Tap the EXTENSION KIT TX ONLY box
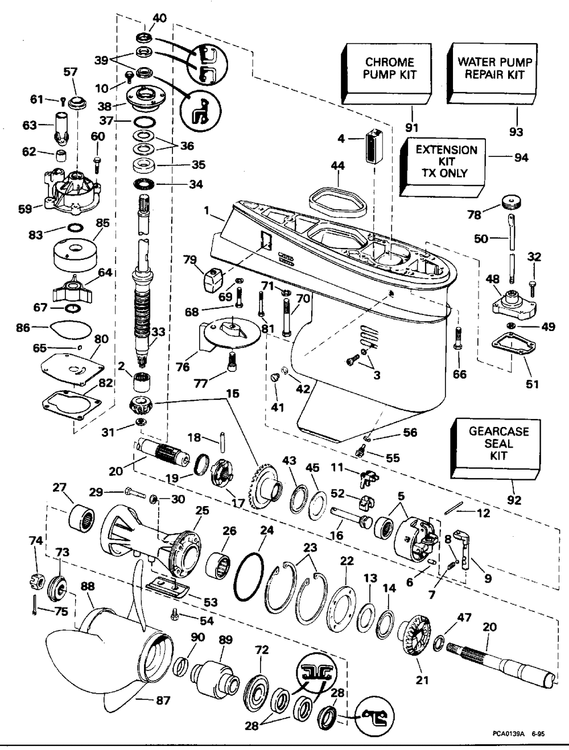tap(444, 164)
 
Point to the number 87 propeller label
tap(163, 701)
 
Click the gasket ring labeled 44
tap(336, 198)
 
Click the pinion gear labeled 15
tap(140, 408)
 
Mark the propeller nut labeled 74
tap(35, 581)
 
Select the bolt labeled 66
tap(457, 342)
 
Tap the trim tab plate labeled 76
tap(228, 333)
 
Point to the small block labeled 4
tap(374, 147)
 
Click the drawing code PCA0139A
tap(508, 735)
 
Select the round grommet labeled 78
tap(513, 204)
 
